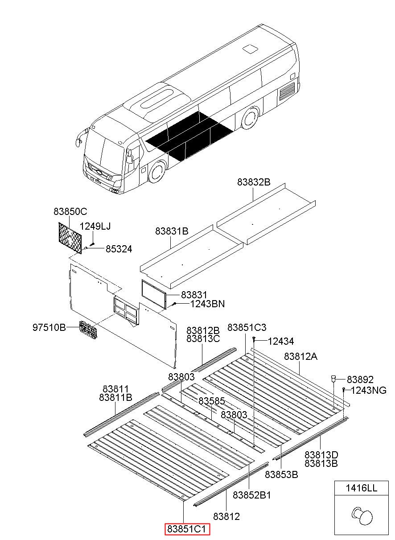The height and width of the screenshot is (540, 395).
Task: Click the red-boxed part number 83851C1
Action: pyautogui.click(x=187, y=529)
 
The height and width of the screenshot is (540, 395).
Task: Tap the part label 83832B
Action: pyautogui.click(x=254, y=182)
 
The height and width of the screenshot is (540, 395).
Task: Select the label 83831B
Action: pyautogui.click(x=172, y=231)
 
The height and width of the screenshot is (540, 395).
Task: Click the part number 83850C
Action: pyautogui.click(x=70, y=211)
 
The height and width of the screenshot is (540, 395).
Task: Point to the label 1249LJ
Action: pyautogui.click(x=95, y=227)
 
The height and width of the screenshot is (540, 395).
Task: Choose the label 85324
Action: pyautogui.click(x=119, y=249)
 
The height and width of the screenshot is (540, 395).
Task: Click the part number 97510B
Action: pyautogui.click(x=49, y=328)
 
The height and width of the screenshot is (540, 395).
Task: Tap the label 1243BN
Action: pyautogui.click(x=207, y=304)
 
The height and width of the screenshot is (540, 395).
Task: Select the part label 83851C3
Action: pyautogui.click(x=247, y=328)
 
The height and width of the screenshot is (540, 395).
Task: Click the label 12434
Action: pyautogui.click(x=281, y=342)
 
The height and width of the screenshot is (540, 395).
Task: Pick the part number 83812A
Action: pyautogui.click(x=301, y=356)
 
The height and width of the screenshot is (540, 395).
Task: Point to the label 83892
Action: pyautogui.click(x=360, y=379)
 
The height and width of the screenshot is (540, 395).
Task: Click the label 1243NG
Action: pyautogui.click(x=369, y=391)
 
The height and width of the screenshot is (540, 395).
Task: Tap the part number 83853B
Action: pyautogui.click(x=281, y=474)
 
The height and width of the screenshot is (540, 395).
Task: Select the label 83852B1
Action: pyautogui.click(x=252, y=495)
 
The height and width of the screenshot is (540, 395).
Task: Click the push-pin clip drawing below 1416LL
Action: pyautogui.click(x=362, y=516)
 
